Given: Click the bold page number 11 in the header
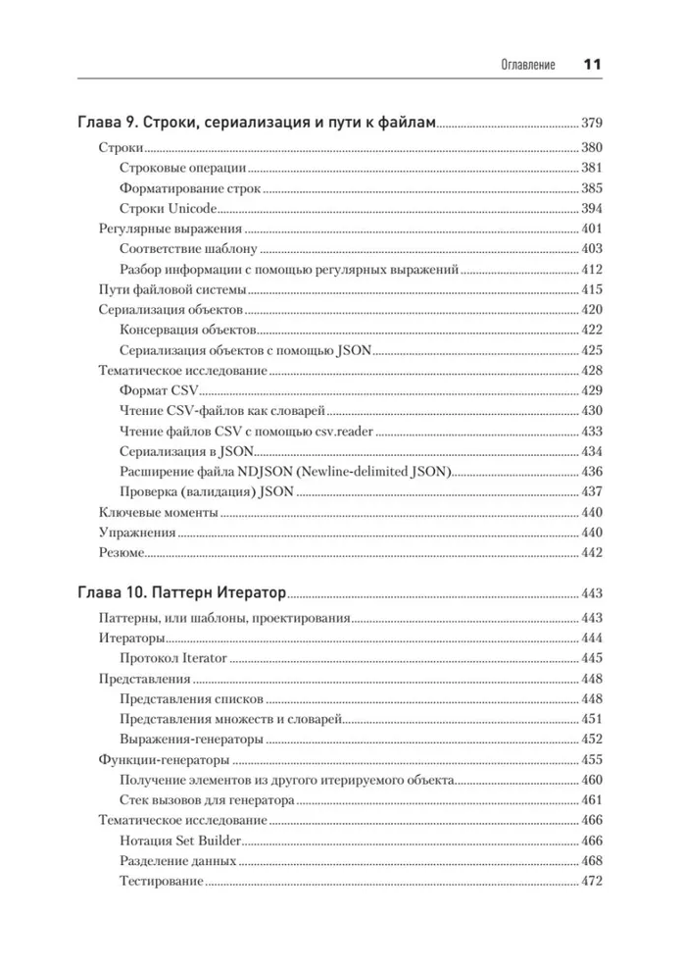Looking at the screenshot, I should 591,66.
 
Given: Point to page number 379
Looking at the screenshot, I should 592,125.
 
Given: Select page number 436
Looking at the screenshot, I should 592,472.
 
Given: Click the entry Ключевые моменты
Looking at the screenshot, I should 158,513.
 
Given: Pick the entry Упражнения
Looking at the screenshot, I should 137,533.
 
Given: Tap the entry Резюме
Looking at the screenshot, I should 122,553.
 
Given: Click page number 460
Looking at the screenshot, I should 592,780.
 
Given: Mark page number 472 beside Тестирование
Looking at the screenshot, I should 592,882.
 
